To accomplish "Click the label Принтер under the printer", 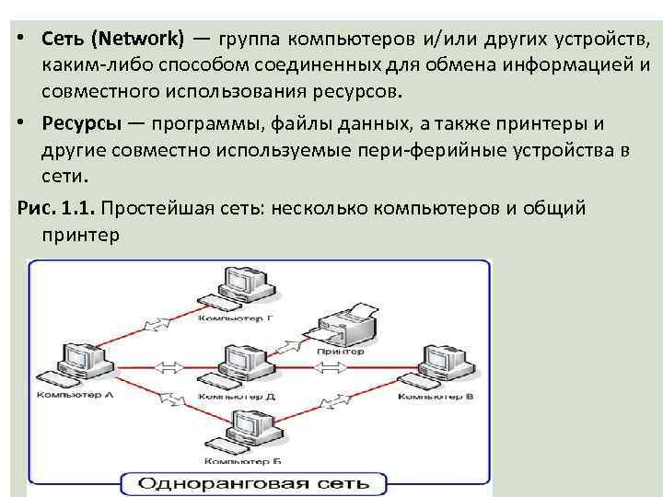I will [340, 352].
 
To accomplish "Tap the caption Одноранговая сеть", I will [257, 483].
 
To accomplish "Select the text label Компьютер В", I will [436, 397].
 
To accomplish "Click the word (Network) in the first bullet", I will [143, 40].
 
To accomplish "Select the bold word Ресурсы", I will [87, 124].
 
